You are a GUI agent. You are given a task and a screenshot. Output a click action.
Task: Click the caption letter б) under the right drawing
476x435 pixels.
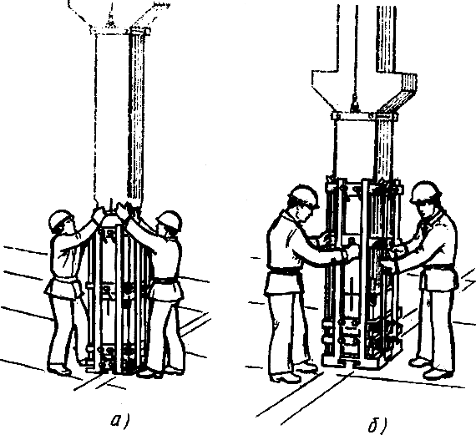pos(377,424)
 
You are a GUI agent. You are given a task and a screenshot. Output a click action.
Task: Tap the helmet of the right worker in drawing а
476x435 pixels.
pos(170,220)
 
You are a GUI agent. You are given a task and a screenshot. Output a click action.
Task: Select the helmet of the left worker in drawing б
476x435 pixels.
pos(304,196)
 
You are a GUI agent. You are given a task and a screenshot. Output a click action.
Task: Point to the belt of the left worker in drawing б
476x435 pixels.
pos(284,271)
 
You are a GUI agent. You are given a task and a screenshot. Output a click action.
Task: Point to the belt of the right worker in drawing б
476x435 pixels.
pos(438,268)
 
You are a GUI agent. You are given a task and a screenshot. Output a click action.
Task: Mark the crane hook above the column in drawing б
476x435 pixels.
pos(354,105)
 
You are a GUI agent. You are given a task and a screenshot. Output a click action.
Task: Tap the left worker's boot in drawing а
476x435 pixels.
pos(59,369)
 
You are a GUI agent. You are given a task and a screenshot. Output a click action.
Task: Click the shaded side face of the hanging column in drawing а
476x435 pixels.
pos(137,120)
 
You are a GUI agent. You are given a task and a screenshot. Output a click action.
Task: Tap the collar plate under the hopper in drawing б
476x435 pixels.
pos(365,117)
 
